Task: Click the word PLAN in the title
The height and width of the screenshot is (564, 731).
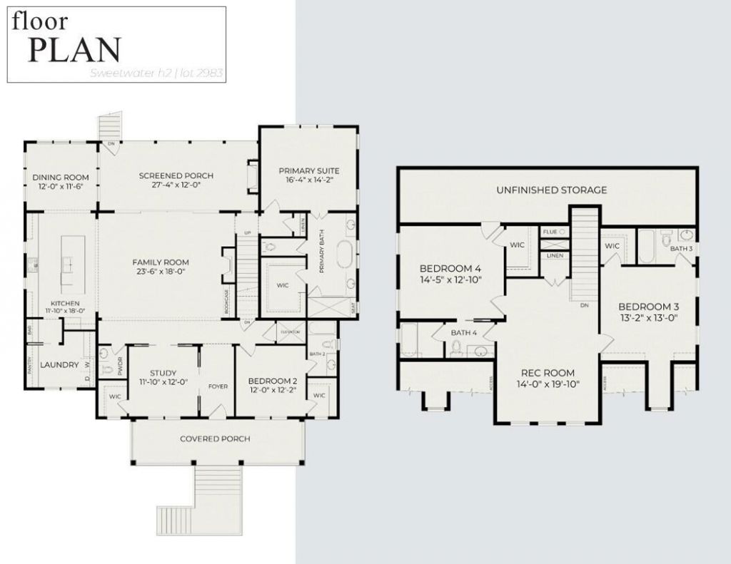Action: (74, 49)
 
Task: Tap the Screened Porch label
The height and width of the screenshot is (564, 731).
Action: (176, 176)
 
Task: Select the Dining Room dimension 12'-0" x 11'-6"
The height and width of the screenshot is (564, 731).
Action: (61, 187)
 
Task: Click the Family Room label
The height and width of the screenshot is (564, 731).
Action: (161, 262)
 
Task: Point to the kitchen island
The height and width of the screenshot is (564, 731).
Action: (72, 263)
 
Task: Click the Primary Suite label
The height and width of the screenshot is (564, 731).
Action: (308, 170)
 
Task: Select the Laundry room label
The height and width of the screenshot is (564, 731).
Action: (59, 364)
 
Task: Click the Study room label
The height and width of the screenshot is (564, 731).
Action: (163, 372)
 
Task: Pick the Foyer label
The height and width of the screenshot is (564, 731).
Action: (218, 386)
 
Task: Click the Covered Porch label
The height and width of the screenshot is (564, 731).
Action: (215, 439)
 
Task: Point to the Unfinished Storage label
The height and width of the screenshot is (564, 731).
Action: (552, 190)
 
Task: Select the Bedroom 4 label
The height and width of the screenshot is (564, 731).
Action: (450, 268)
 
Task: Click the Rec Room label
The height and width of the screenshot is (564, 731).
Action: (548, 373)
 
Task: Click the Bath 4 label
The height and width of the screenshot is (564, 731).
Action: (464, 332)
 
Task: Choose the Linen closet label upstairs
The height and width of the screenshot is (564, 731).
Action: (555, 255)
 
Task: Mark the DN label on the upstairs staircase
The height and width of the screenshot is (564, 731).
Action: (584, 304)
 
